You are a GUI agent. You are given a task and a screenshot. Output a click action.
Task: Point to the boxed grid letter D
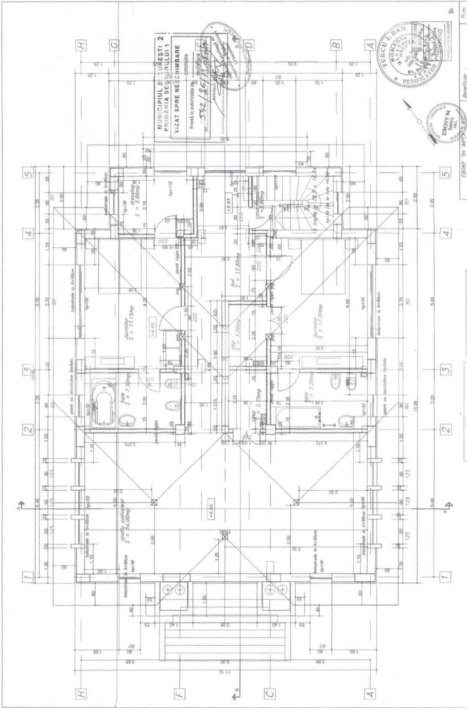click(x=250, y=45)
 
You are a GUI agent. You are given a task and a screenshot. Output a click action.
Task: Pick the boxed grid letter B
click(x=336, y=45)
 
